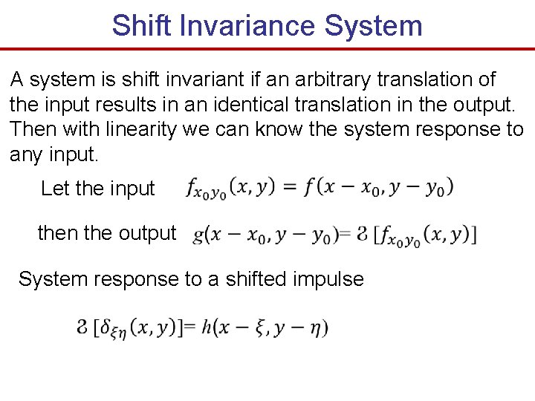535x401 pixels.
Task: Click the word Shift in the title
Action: pos(139,25)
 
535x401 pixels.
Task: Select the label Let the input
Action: pos(97,189)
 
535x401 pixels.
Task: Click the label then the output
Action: pos(106,233)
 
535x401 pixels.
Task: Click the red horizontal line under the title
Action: pos(267,48)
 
